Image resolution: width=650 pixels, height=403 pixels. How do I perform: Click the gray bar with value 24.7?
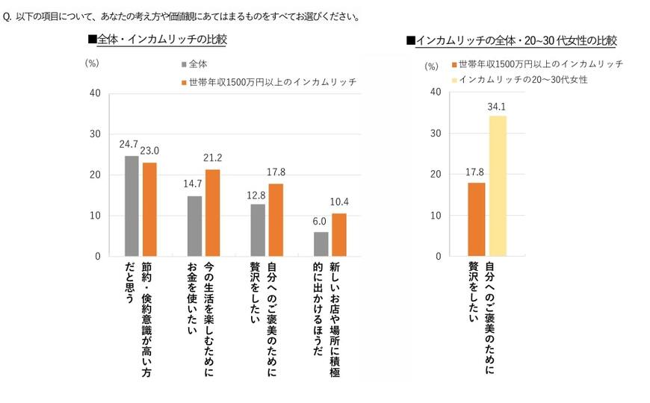coord(131,206)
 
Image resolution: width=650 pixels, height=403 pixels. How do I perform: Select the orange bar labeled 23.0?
coord(149,210)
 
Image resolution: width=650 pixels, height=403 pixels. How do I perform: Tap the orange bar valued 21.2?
coord(212,213)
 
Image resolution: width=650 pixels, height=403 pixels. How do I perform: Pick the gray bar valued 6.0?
coord(321,244)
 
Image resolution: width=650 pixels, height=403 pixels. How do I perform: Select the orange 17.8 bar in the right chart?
coord(476,219)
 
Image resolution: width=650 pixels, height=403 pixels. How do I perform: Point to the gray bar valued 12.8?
coord(258,230)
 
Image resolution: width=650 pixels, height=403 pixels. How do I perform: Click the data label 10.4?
coord(339,201)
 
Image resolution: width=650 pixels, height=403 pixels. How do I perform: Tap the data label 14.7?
coord(194,184)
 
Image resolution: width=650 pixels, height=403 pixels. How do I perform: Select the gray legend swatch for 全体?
coord(183,65)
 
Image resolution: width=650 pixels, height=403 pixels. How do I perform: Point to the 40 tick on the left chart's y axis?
coord(95,93)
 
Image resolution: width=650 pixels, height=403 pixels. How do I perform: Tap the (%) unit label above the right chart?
coord(432,66)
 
